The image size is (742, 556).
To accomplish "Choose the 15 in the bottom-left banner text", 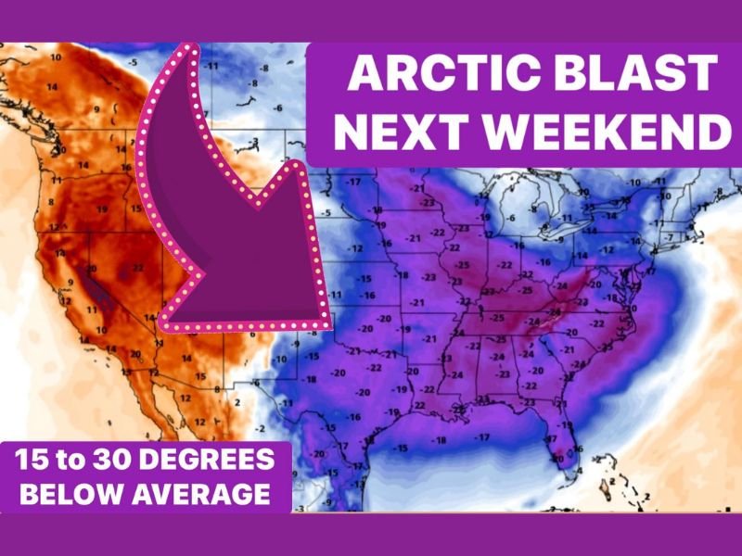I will (34, 461).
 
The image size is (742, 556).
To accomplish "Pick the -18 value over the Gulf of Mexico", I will (437, 439).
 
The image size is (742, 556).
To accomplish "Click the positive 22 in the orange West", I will (137, 268).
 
